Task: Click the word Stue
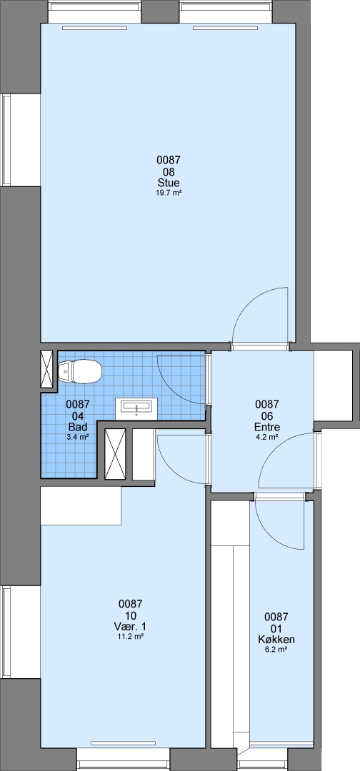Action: pyautogui.click(x=169, y=183)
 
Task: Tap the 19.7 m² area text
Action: pyautogui.click(x=169, y=193)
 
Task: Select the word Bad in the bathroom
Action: pyautogui.click(x=78, y=426)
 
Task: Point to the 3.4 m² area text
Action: pyautogui.click(x=78, y=436)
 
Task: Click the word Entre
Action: pyautogui.click(x=267, y=426)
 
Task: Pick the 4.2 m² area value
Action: pyautogui.click(x=267, y=436)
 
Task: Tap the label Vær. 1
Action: pyautogui.click(x=130, y=627)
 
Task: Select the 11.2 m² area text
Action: pyautogui.click(x=130, y=637)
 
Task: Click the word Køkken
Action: pyautogui.click(x=276, y=640)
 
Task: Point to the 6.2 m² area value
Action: pyautogui.click(x=276, y=650)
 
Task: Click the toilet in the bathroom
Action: pyautogui.click(x=80, y=371)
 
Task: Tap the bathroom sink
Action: pyautogui.click(x=136, y=409)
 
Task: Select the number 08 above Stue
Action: pyautogui.click(x=169, y=171)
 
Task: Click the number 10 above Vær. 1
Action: pyautogui.click(x=130, y=615)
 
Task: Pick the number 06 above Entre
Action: pyautogui.click(x=267, y=415)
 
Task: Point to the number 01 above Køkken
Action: pyautogui.click(x=276, y=628)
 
